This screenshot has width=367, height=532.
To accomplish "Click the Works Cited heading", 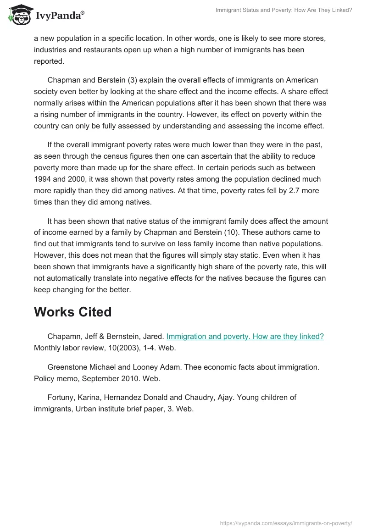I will pyautogui.click(x=72, y=312).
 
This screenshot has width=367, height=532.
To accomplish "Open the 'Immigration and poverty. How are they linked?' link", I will pyautogui.click(x=245, y=337).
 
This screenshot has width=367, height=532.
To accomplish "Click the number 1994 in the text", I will pyautogui.click(x=43, y=179).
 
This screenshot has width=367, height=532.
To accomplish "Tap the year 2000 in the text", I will pyautogui.click(x=74, y=179).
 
